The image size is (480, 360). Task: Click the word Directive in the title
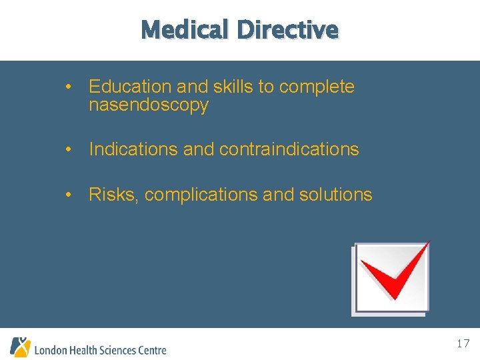[x=287, y=30]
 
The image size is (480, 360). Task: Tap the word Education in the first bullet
[x=130, y=87]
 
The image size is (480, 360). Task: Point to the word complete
[x=317, y=87]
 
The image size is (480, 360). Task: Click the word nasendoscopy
[x=149, y=105]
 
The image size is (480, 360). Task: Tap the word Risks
[x=113, y=195]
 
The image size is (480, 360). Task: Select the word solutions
[x=336, y=195]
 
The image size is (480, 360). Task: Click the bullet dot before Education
[x=69, y=87]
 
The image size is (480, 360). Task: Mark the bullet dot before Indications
[x=69, y=150]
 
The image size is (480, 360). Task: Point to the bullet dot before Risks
[x=69, y=195]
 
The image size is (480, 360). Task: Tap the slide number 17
[x=463, y=344]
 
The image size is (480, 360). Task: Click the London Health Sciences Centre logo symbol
[x=20, y=347]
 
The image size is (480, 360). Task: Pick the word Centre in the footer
[x=152, y=350]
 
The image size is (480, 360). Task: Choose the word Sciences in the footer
[x=118, y=350]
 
